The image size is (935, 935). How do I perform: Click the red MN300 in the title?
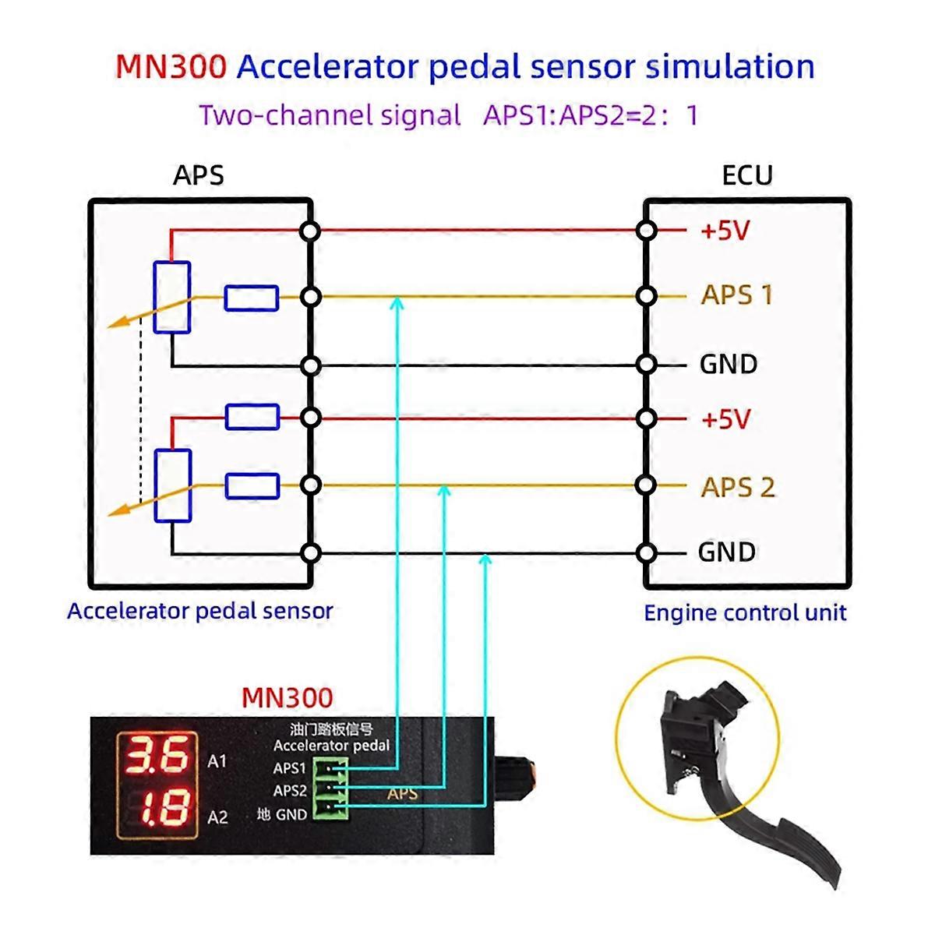point(171,67)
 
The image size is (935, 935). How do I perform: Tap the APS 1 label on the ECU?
point(736,295)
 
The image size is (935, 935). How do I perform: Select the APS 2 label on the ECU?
point(737,487)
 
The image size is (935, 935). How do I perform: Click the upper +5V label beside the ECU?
point(725,231)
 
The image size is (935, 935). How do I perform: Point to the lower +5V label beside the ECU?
point(725,419)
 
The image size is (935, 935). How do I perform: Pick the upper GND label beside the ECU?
point(728,364)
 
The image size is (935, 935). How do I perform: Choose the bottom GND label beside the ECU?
point(727,552)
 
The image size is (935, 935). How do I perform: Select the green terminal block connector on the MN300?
point(330,790)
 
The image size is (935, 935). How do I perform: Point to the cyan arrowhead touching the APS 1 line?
point(397,302)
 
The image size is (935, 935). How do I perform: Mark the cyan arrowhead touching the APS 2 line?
point(444,491)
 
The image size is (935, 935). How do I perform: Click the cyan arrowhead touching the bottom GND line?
point(485,559)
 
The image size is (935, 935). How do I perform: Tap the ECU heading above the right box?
point(746,175)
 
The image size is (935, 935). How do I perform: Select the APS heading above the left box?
point(198,175)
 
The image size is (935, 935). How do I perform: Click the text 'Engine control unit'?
point(745,613)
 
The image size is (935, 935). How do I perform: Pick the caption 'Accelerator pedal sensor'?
point(200,611)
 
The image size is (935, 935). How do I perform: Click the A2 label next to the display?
point(217,817)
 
